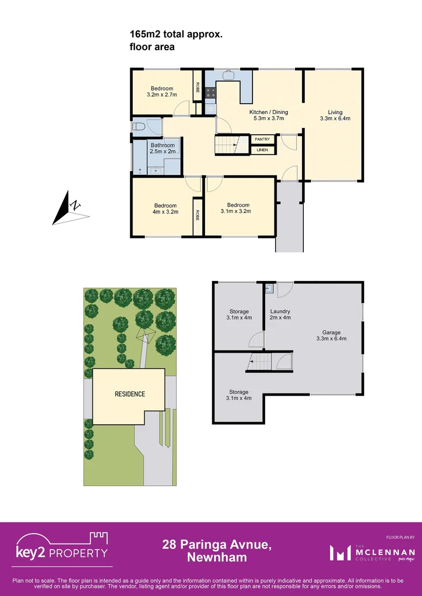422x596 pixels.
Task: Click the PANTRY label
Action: [x=262, y=139]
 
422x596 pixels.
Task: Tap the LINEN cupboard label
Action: [x=262, y=150]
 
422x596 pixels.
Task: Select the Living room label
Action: [x=335, y=115]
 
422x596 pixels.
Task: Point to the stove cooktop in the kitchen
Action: [x=210, y=93]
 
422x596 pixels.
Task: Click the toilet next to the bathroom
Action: [x=139, y=127]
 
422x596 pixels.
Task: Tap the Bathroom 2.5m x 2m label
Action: [x=162, y=148]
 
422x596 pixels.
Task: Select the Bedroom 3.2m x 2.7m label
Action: [x=162, y=92]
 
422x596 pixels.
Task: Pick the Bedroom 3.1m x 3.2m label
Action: [x=236, y=208]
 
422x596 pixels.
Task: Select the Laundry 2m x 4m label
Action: [x=279, y=315]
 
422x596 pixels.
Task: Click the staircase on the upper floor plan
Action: [x=227, y=146]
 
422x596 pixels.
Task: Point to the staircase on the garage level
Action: [x=260, y=362]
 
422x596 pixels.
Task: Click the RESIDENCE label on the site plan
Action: [x=130, y=394]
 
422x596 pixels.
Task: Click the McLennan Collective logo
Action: [x=365, y=552]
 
